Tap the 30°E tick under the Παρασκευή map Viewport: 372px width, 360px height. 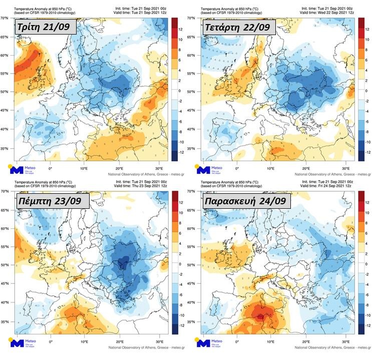(x=345, y=342)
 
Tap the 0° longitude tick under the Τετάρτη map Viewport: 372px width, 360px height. (x=237, y=168)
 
